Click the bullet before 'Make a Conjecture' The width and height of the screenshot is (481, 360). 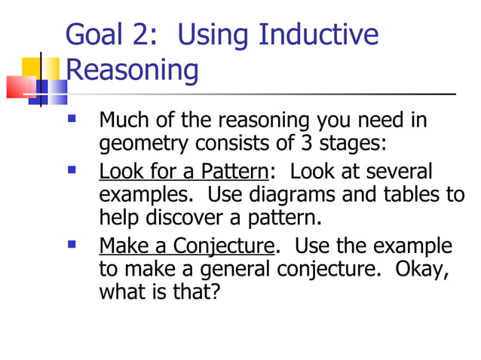(72, 244)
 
